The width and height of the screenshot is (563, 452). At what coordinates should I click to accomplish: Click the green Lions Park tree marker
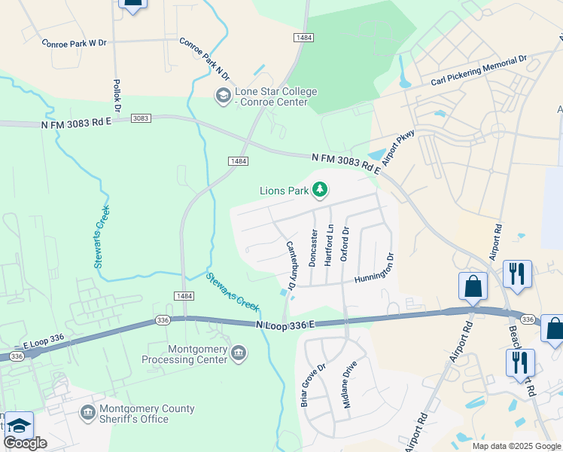(x=320, y=190)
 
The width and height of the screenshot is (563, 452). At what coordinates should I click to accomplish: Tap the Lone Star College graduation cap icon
(x=223, y=96)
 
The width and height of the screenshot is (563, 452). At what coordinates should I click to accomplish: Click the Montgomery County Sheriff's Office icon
(x=88, y=413)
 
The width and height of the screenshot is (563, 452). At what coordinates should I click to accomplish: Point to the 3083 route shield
(x=141, y=118)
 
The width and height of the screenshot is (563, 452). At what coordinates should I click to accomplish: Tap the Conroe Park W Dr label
(x=75, y=43)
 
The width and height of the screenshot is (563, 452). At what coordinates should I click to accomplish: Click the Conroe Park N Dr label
(x=204, y=59)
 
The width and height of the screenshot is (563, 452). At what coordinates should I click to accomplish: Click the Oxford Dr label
(x=345, y=243)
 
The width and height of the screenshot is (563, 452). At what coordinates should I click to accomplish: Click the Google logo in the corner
(x=25, y=443)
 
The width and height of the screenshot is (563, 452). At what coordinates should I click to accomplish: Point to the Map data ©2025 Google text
(x=516, y=446)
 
